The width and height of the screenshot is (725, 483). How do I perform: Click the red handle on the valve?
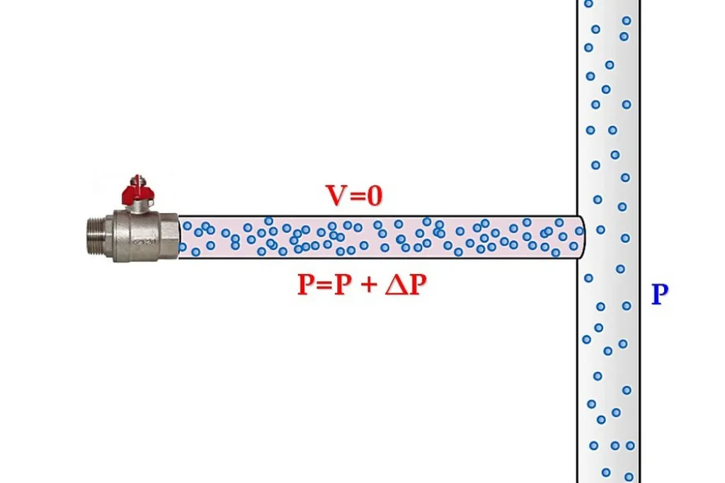click(x=137, y=194)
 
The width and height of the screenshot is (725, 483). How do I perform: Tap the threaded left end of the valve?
click(x=95, y=237)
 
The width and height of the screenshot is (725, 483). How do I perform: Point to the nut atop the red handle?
click(x=137, y=179)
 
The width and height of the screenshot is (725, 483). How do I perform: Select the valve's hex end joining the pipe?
click(x=169, y=236)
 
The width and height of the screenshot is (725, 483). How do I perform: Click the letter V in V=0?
click(x=336, y=195)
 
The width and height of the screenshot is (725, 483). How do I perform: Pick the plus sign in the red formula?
click(x=368, y=285)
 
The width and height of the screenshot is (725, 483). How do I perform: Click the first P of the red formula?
click(x=306, y=284)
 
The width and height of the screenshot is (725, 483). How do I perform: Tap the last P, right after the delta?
click(x=418, y=284)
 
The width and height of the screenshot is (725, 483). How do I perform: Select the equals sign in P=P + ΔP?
click(x=324, y=285)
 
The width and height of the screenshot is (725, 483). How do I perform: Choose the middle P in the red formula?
click(x=343, y=284)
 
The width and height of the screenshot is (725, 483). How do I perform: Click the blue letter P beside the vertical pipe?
click(x=660, y=294)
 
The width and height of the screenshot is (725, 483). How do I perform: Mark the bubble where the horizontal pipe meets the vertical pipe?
click(x=579, y=230)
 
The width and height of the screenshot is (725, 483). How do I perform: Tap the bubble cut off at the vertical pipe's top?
click(x=588, y=4)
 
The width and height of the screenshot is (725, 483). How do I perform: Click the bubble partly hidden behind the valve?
click(x=183, y=247)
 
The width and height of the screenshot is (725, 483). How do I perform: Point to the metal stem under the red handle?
click(x=137, y=208)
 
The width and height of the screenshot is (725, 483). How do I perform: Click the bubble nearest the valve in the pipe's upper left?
click(x=187, y=226)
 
